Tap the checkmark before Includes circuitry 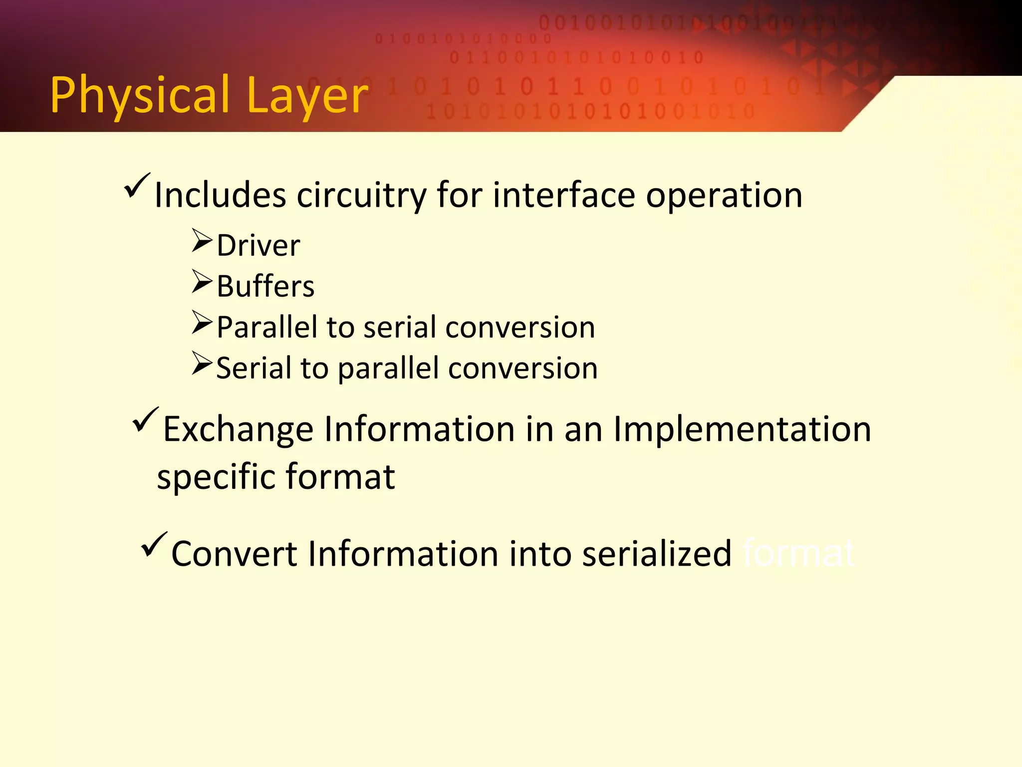pos(137,186)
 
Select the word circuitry pos(361,195)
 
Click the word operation pos(724,195)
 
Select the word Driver pos(258,246)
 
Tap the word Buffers pos(265,287)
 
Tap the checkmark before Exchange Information pos(146,420)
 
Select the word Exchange pos(238,429)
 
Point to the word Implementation pos(742,429)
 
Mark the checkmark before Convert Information pos(154,545)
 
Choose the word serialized pos(656,554)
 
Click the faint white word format pos(798,554)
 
